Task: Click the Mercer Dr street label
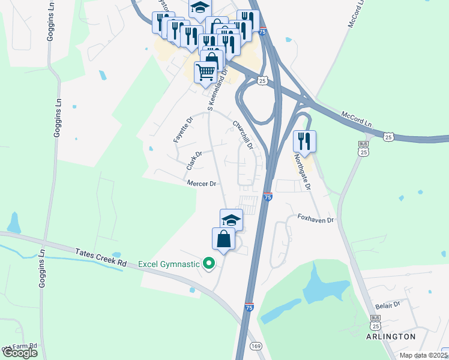click(x=201, y=184)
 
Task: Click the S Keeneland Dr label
click(x=217, y=89)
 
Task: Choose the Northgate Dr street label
click(x=302, y=172)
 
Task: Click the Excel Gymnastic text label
click(x=169, y=263)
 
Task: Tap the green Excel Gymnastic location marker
click(x=209, y=263)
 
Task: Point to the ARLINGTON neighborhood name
click(x=391, y=337)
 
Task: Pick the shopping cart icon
click(x=205, y=73)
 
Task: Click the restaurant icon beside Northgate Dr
click(x=304, y=142)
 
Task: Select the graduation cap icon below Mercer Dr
click(x=231, y=220)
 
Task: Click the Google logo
click(x=19, y=353)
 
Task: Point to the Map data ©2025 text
click(x=423, y=355)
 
